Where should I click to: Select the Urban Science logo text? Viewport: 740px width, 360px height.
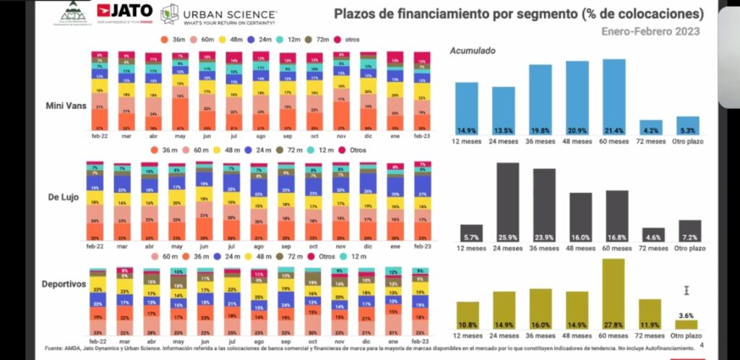[x=231, y=14]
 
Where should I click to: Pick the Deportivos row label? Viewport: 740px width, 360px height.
[x=64, y=284]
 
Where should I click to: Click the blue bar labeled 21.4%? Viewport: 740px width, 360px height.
[x=614, y=96]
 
